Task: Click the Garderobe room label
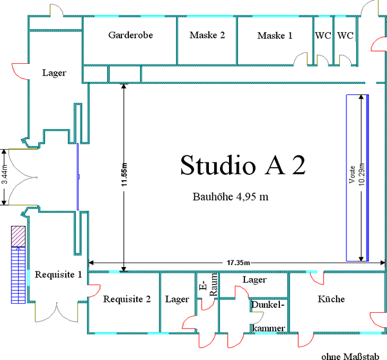click(x=130, y=35)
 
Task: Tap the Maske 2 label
click(x=207, y=35)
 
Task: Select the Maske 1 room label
click(x=275, y=35)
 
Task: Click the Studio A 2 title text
click(x=243, y=165)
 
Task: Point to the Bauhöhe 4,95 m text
click(x=230, y=197)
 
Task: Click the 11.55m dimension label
click(x=124, y=174)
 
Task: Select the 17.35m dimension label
click(x=238, y=263)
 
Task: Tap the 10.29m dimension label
click(x=361, y=174)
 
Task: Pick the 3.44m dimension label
click(x=5, y=174)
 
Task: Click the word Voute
click(x=352, y=174)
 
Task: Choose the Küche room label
click(x=331, y=299)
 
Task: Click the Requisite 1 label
click(x=58, y=275)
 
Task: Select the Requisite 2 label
click(x=127, y=299)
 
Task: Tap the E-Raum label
click(x=209, y=285)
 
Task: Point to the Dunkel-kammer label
click(x=268, y=316)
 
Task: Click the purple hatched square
click(x=18, y=236)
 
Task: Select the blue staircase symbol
click(x=18, y=275)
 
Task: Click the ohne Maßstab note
click(x=350, y=357)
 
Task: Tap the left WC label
click(x=323, y=35)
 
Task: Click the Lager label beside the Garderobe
click(x=54, y=73)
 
